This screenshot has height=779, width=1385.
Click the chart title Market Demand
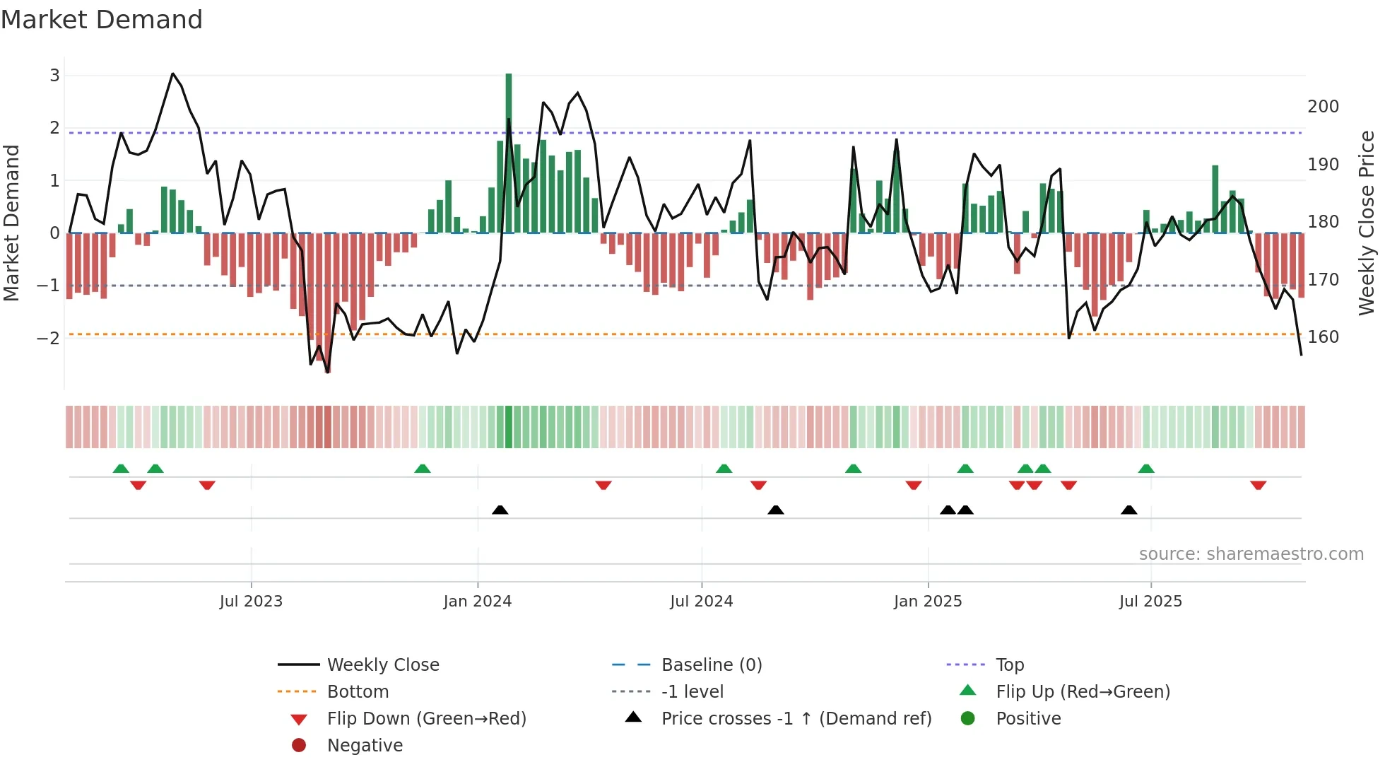click(102, 20)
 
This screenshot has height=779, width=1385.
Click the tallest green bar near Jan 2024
click(509, 152)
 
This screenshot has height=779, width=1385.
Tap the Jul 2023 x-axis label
click(251, 602)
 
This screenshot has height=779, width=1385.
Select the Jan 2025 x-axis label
click(928, 602)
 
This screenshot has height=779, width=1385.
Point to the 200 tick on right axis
click(1323, 107)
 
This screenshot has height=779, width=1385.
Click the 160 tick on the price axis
click(1323, 337)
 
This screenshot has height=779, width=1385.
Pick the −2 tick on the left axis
click(48, 338)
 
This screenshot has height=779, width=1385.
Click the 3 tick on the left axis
click(54, 76)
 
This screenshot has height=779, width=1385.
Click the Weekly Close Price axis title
click(1367, 223)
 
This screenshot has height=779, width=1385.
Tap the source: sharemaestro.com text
click(1251, 554)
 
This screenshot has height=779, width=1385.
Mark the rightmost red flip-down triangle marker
click(1258, 485)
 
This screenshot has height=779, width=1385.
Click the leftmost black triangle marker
click(500, 510)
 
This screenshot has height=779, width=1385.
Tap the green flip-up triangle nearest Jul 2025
click(1146, 469)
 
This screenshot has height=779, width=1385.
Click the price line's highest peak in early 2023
click(172, 74)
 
